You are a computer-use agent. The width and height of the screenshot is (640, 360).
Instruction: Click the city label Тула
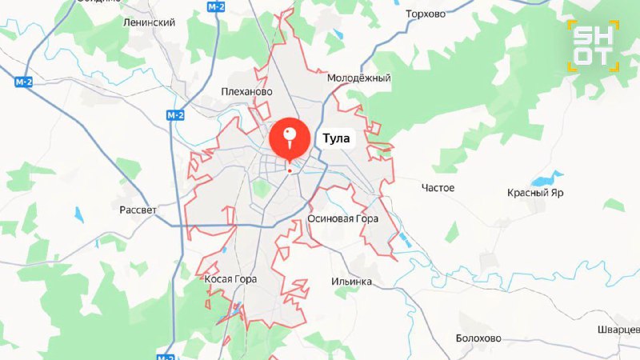(336, 138)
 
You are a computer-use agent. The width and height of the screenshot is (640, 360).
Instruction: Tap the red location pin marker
(290, 138)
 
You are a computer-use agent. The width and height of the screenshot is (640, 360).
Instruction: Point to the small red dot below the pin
(290, 170)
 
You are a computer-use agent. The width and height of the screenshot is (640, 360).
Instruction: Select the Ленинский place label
(149, 22)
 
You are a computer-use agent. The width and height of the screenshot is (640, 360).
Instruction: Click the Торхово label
(425, 14)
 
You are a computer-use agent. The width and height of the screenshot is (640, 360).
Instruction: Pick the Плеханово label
(246, 91)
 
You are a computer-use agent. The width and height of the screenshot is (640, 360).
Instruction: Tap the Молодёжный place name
(358, 78)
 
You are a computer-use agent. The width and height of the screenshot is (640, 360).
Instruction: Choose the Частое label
(438, 188)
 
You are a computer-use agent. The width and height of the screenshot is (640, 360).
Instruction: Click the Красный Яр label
(535, 193)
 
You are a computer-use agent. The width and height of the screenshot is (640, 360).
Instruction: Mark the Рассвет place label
(138, 209)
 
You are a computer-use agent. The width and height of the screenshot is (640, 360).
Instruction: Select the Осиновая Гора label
(342, 218)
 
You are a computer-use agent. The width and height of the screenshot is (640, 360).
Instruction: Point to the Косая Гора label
(230, 279)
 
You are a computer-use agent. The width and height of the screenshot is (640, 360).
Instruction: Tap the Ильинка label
(351, 282)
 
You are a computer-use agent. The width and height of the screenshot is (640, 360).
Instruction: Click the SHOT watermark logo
(594, 46)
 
